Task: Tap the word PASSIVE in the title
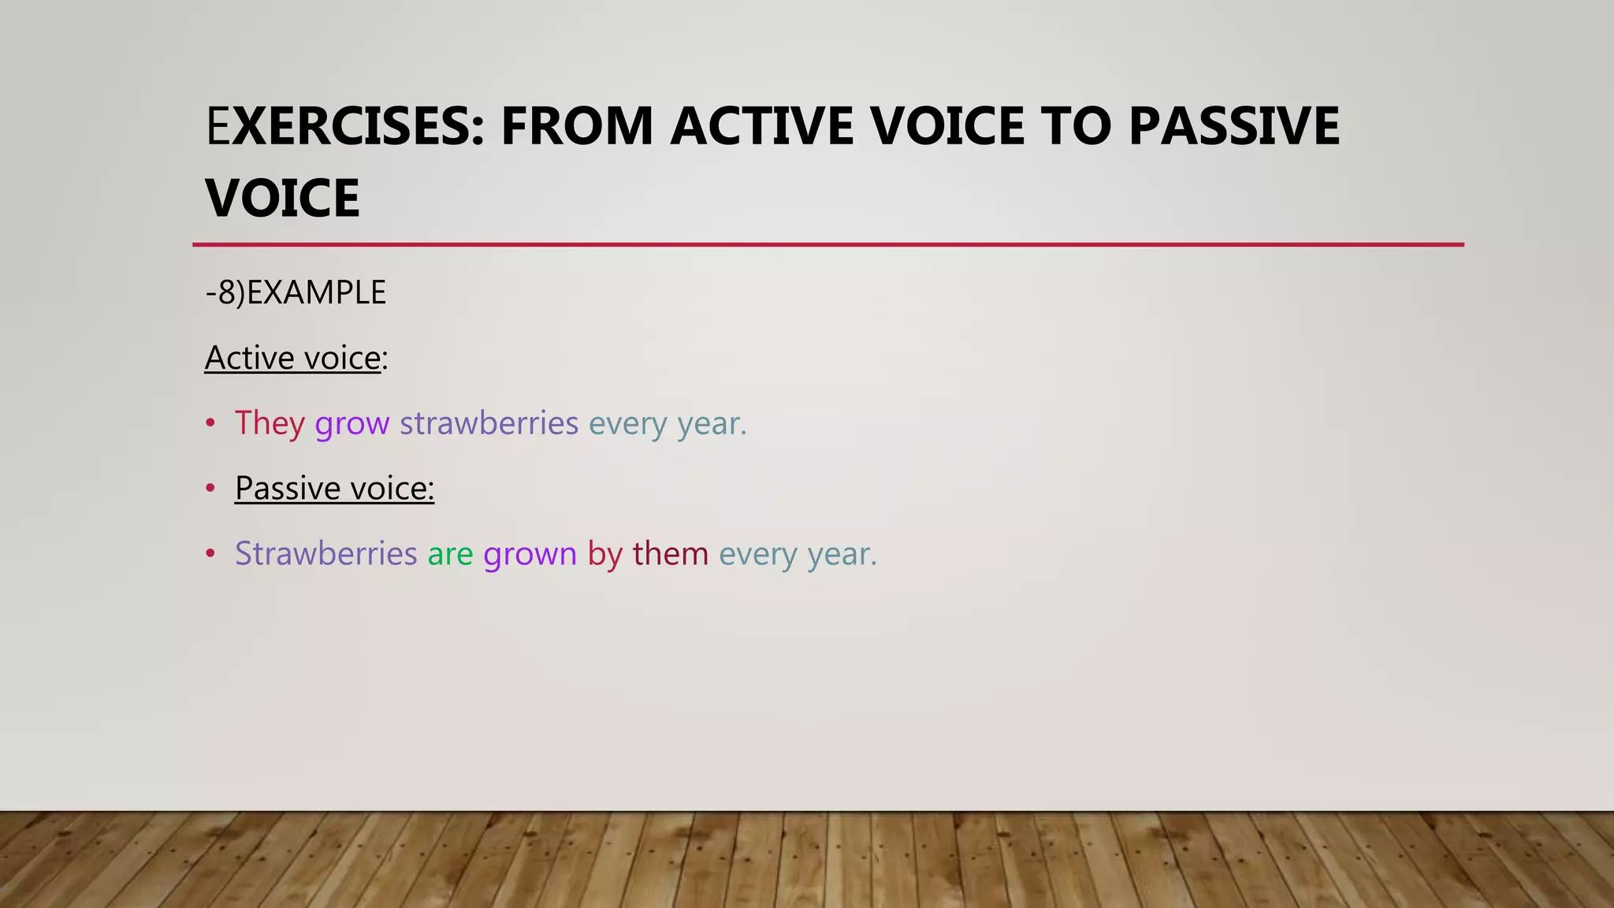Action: (1233, 126)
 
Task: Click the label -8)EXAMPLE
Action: (296, 292)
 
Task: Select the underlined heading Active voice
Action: (293, 358)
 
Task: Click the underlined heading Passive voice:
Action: (334, 488)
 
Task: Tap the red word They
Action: (270, 423)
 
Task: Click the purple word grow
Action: (351, 423)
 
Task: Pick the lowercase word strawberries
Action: (489, 423)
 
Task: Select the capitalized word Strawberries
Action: (325, 553)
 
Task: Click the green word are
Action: (450, 553)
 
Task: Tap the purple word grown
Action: (530, 553)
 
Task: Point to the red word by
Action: (604, 553)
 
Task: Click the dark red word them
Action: (670, 553)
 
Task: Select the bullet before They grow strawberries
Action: (210, 423)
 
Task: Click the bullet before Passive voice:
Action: (210, 488)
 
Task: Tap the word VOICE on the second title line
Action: (282, 199)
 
